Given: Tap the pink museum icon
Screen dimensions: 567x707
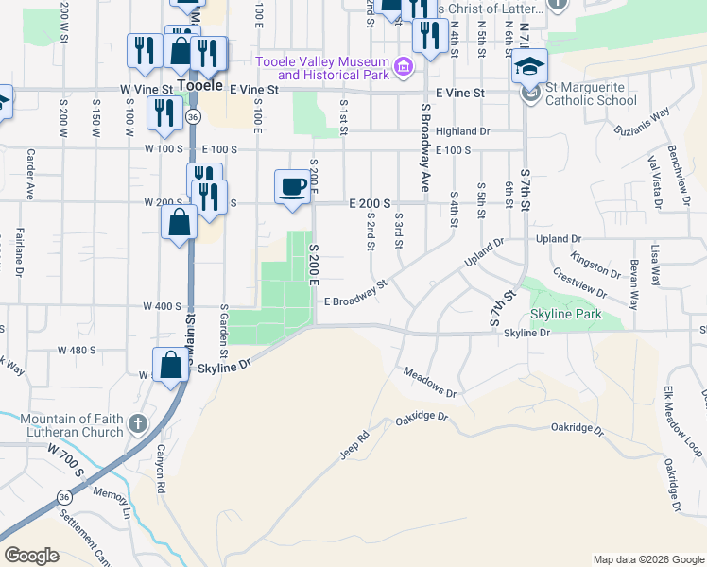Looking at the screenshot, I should pyautogui.click(x=404, y=66).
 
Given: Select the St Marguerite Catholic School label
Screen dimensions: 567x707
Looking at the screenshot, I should pyautogui.click(x=591, y=93).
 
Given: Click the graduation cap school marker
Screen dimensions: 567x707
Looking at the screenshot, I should pyautogui.click(x=529, y=67).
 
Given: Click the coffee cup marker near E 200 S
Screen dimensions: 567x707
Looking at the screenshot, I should pyautogui.click(x=292, y=184).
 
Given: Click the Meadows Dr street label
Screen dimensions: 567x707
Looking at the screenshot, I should pyautogui.click(x=430, y=382).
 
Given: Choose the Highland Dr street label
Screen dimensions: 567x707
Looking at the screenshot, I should pyautogui.click(x=462, y=131).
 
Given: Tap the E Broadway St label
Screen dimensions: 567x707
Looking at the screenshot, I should pyautogui.click(x=356, y=295).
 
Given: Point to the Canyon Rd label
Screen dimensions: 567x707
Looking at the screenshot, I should pyautogui.click(x=161, y=472).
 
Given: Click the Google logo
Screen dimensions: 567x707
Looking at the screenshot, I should pyautogui.click(x=32, y=556).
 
